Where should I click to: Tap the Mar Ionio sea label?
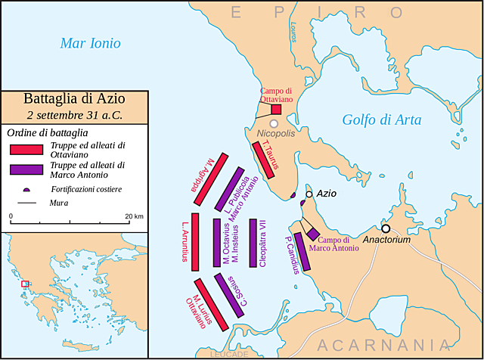point(89,44)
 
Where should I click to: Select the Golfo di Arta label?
point(381,119)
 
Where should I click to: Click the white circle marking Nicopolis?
point(274,123)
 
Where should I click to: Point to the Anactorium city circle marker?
point(386,228)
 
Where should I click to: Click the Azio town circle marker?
point(309,194)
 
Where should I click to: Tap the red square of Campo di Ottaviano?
point(276,109)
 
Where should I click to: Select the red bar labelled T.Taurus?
point(262,160)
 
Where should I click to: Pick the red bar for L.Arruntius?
point(194,241)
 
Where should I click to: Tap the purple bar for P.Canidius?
point(302,255)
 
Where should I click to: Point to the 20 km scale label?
point(134,216)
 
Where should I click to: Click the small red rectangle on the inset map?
point(25,284)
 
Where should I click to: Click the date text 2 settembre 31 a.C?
point(74,115)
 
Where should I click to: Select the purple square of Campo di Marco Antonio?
point(312,235)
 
